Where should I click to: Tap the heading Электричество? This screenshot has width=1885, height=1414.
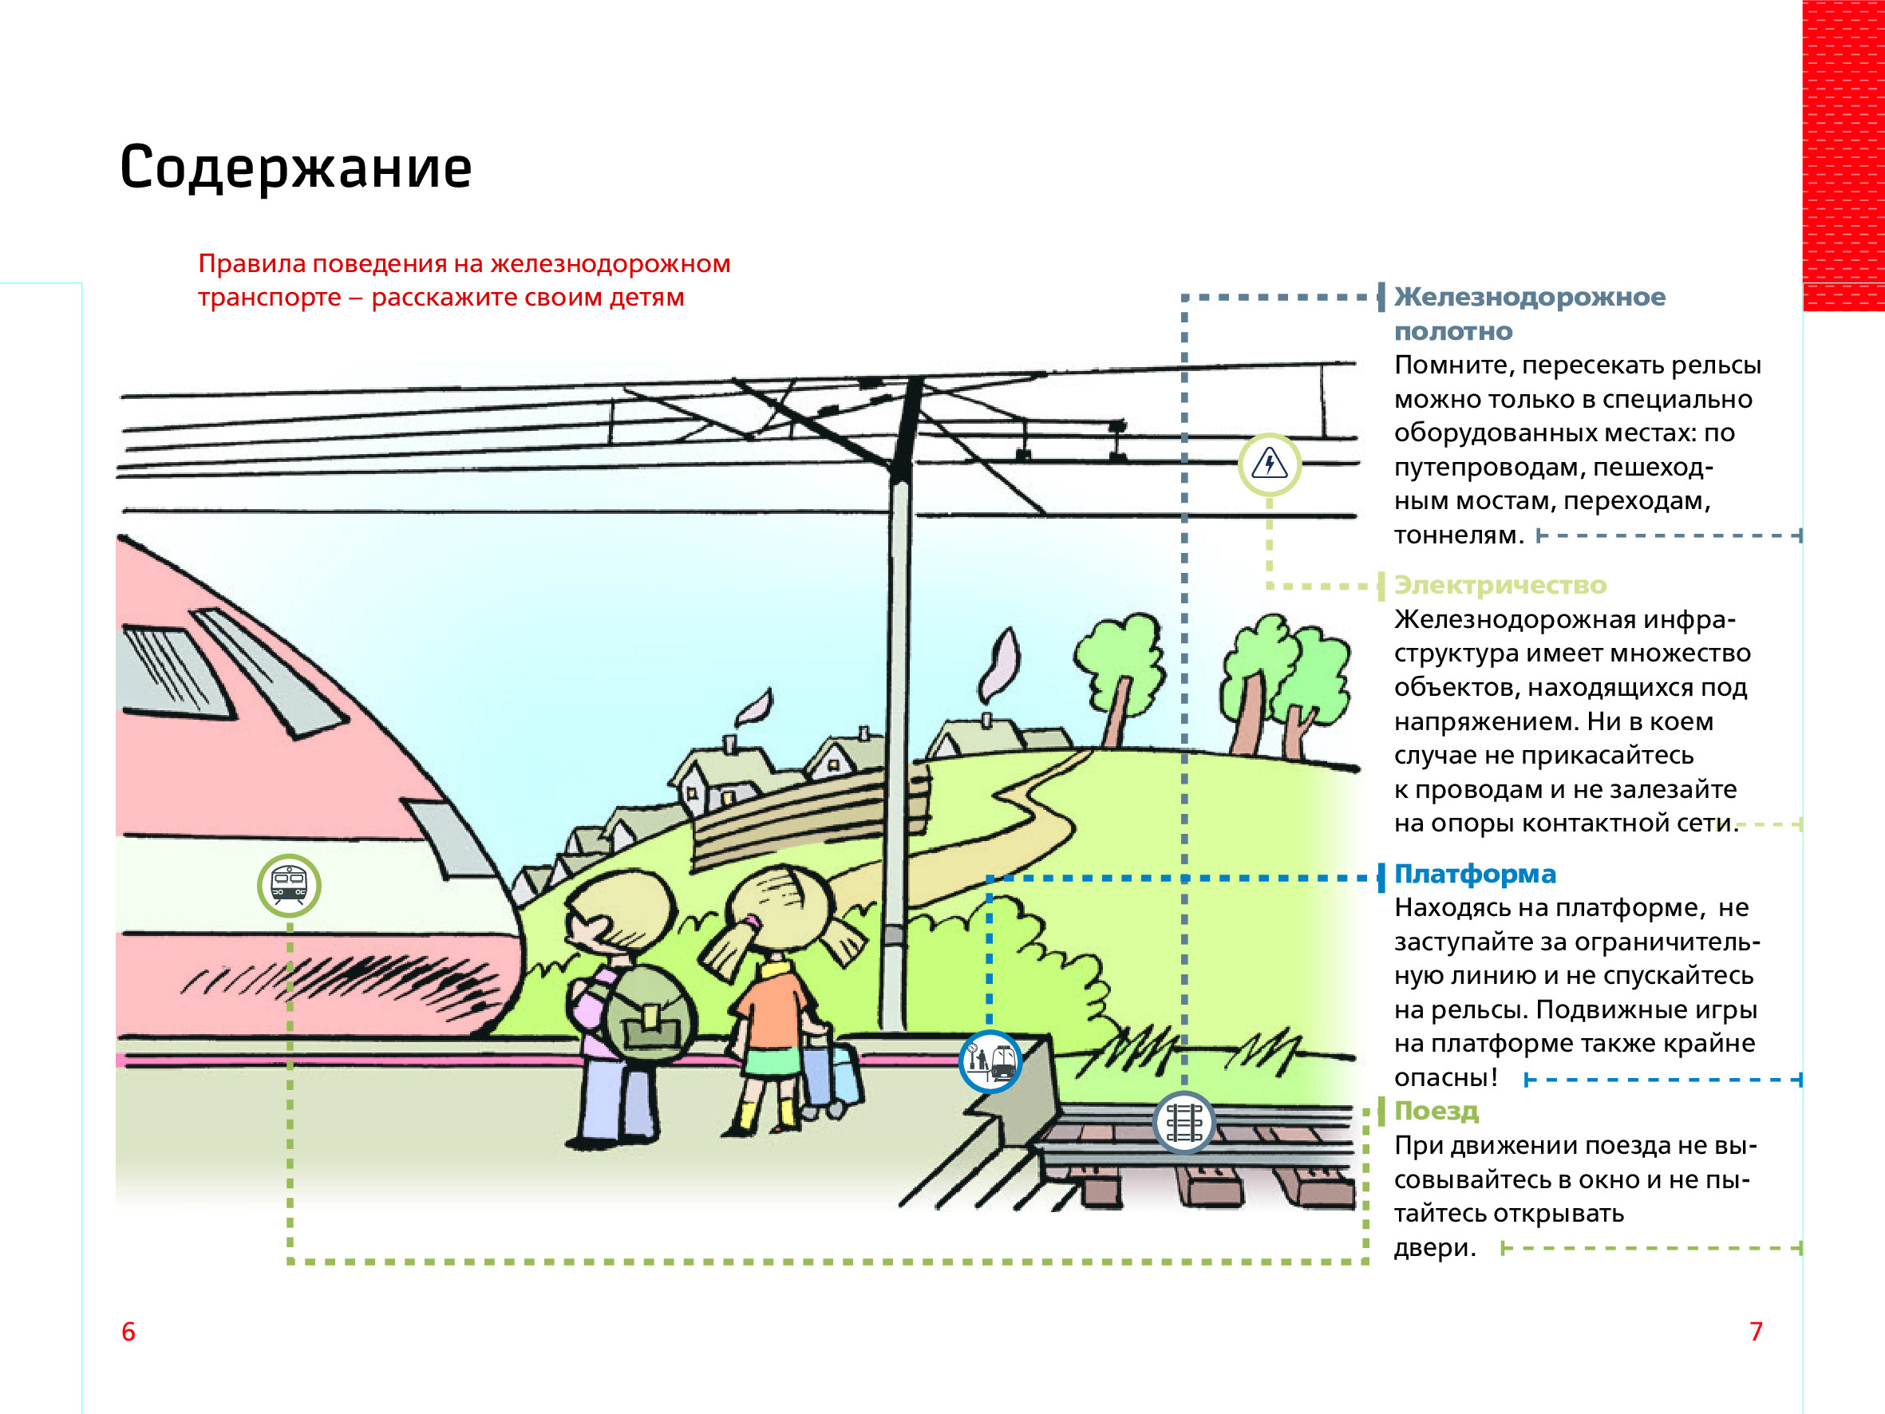point(1500,586)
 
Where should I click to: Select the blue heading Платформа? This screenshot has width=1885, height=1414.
point(1474,875)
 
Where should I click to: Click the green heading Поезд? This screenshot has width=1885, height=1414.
point(1436,1112)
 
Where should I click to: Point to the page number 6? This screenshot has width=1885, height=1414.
point(128,1331)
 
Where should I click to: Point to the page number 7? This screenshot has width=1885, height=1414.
point(1756,1331)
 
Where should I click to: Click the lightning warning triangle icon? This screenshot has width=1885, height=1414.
point(1269,464)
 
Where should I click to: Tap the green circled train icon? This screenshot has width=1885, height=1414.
point(289,886)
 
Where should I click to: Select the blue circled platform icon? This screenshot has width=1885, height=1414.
point(990,1062)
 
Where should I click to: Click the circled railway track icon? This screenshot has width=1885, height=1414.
point(1184,1123)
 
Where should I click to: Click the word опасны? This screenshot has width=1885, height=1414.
point(1444,1078)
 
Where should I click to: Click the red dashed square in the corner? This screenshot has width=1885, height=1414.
point(1843,153)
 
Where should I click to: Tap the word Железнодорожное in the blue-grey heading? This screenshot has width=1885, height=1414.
point(1530,298)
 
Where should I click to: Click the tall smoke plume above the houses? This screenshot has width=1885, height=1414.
point(1000,665)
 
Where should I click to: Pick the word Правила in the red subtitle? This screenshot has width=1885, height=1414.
point(251,264)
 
